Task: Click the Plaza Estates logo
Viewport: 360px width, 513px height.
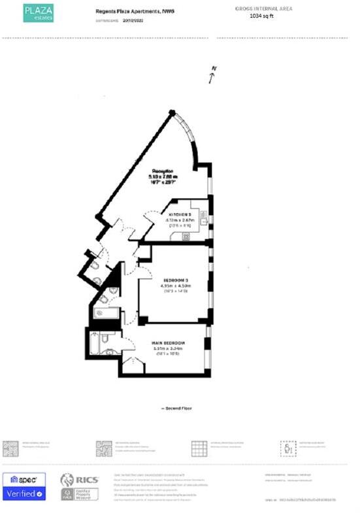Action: pyautogui.click(x=39, y=12)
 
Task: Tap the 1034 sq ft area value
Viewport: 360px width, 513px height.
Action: pyautogui.click(x=264, y=17)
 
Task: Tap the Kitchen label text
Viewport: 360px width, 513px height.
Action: pyautogui.click(x=180, y=215)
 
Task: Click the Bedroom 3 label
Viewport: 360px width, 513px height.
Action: pyautogui.click(x=175, y=279)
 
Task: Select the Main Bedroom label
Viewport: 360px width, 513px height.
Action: pyautogui.click(x=169, y=343)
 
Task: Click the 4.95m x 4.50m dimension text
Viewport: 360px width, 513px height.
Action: pyautogui.click(x=174, y=286)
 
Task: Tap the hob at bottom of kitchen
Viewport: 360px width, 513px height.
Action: pyautogui.click(x=186, y=237)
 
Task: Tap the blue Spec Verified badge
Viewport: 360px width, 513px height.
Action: pyautogui.click(x=24, y=487)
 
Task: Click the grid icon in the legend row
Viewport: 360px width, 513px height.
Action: pyautogui.click(x=199, y=448)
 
